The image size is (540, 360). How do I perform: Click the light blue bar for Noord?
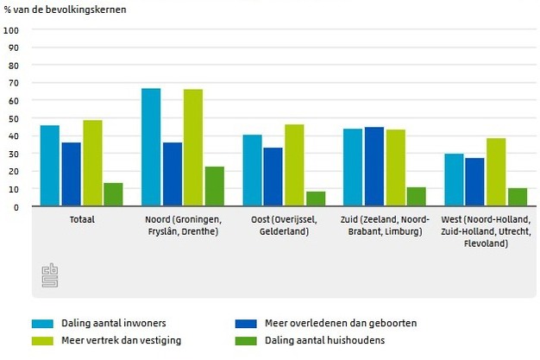pos(151,148)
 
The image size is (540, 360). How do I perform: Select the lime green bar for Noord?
pos(193,148)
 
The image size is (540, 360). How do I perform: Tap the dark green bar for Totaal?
pos(113,195)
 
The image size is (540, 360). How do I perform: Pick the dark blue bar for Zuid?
pos(374,167)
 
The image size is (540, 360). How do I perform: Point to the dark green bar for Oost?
pos(316,199)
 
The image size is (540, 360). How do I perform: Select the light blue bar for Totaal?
pos(50,166)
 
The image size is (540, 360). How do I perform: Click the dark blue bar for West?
pos(474,182)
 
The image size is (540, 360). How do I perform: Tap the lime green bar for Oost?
pos(294,166)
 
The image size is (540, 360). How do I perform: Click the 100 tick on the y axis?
pos(12,30)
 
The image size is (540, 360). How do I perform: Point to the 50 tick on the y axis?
pos(14,118)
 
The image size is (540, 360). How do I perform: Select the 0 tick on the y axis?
pos(16,207)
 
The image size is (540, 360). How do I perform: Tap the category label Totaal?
pos(82,219)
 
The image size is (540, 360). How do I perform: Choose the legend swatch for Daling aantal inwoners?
pos(42,324)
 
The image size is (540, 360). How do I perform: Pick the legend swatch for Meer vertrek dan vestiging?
pos(42,340)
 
